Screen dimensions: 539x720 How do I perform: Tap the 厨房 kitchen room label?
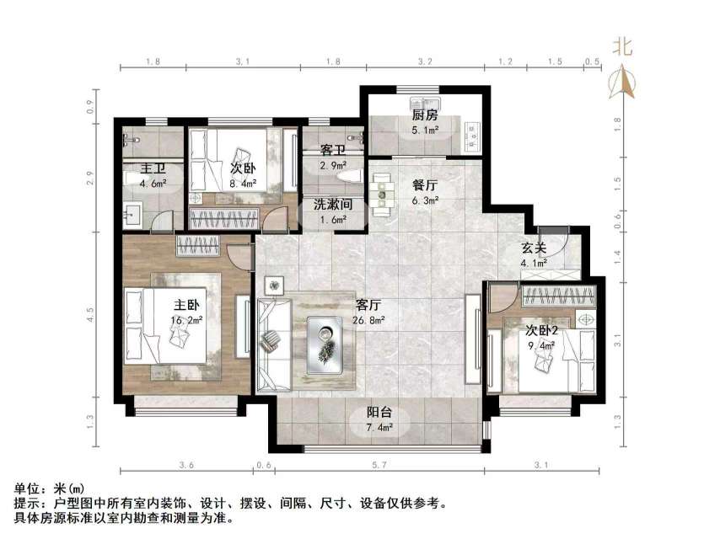pyautogui.click(x=423, y=116)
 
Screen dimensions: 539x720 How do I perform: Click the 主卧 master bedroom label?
pyautogui.click(x=186, y=305)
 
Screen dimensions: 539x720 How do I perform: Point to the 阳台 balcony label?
pyautogui.click(x=378, y=414)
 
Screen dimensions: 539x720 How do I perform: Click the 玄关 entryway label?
pyautogui.click(x=534, y=247)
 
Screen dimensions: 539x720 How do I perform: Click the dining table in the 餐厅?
pyautogui.click(x=384, y=190)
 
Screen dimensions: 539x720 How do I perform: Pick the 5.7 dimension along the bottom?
pyautogui.click(x=379, y=465)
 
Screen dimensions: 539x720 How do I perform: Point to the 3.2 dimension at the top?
pyautogui.click(x=424, y=61)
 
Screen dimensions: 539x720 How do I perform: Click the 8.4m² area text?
pyautogui.click(x=243, y=182)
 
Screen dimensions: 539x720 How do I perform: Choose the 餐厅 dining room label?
pyautogui.click(x=424, y=186)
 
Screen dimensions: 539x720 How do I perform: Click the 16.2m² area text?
pyautogui.click(x=186, y=320)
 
